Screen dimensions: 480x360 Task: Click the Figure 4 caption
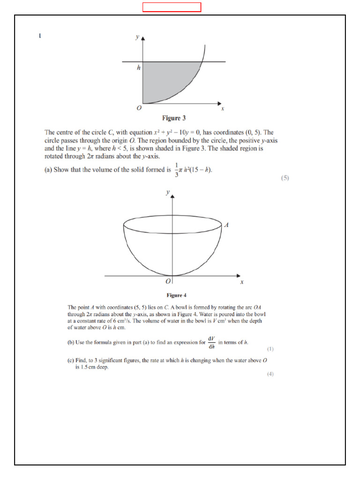coord(177,295)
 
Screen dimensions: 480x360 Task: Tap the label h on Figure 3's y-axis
coord(139,67)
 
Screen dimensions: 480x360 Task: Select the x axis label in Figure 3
coord(223,109)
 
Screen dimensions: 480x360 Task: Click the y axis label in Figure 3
coord(137,37)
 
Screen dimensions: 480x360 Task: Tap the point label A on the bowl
coord(227,225)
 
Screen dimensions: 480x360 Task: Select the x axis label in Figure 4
coord(242,282)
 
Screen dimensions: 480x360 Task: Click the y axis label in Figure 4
coord(167,192)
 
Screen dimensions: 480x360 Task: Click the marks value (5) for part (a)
coord(285,178)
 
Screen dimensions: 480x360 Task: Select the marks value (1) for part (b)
coord(270,349)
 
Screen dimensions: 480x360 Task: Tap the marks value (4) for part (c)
coord(270,374)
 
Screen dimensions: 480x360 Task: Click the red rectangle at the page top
coord(172,7)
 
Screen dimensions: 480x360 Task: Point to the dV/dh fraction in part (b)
coord(211,343)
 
